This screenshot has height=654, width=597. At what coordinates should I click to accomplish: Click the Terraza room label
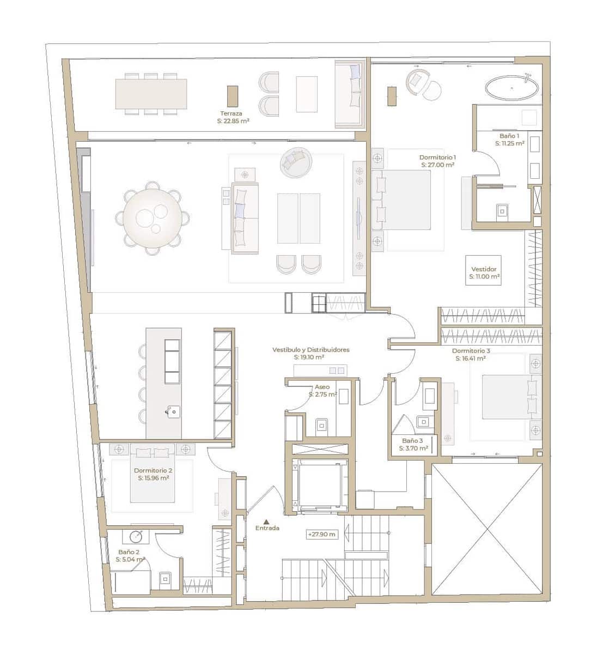(231, 113)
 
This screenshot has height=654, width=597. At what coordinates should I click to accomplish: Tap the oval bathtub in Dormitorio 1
(511, 88)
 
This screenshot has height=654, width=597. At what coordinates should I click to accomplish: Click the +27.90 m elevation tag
(321, 534)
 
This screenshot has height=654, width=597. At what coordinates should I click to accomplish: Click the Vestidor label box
(483, 270)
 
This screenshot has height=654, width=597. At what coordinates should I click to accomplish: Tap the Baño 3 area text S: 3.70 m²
(413, 449)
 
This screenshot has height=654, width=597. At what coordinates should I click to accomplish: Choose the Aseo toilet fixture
(321, 426)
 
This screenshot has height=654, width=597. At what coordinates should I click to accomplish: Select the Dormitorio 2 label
(153, 470)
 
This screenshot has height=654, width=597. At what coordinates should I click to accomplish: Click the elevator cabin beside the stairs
(320, 485)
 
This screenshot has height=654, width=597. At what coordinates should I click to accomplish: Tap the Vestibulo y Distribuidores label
(310, 349)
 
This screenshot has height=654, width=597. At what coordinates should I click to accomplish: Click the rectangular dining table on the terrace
(151, 94)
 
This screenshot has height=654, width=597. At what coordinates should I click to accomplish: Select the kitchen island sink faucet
(170, 411)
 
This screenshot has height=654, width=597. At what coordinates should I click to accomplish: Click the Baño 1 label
(509, 136)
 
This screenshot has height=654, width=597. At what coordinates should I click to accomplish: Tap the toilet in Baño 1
(502, 213)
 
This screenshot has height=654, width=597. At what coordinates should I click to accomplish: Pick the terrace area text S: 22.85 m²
(233, 121)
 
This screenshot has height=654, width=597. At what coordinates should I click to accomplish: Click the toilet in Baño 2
(165, 580)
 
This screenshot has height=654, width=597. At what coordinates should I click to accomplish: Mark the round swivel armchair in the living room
(296, 162)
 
